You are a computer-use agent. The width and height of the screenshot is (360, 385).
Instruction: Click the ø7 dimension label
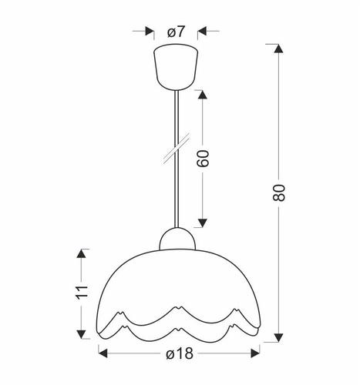point(177,32)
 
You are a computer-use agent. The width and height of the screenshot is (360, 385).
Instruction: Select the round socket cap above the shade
point(177,239)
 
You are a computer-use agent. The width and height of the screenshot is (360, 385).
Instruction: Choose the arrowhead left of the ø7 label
point(149,32)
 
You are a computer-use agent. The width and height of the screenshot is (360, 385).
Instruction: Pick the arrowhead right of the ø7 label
point(204,32)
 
